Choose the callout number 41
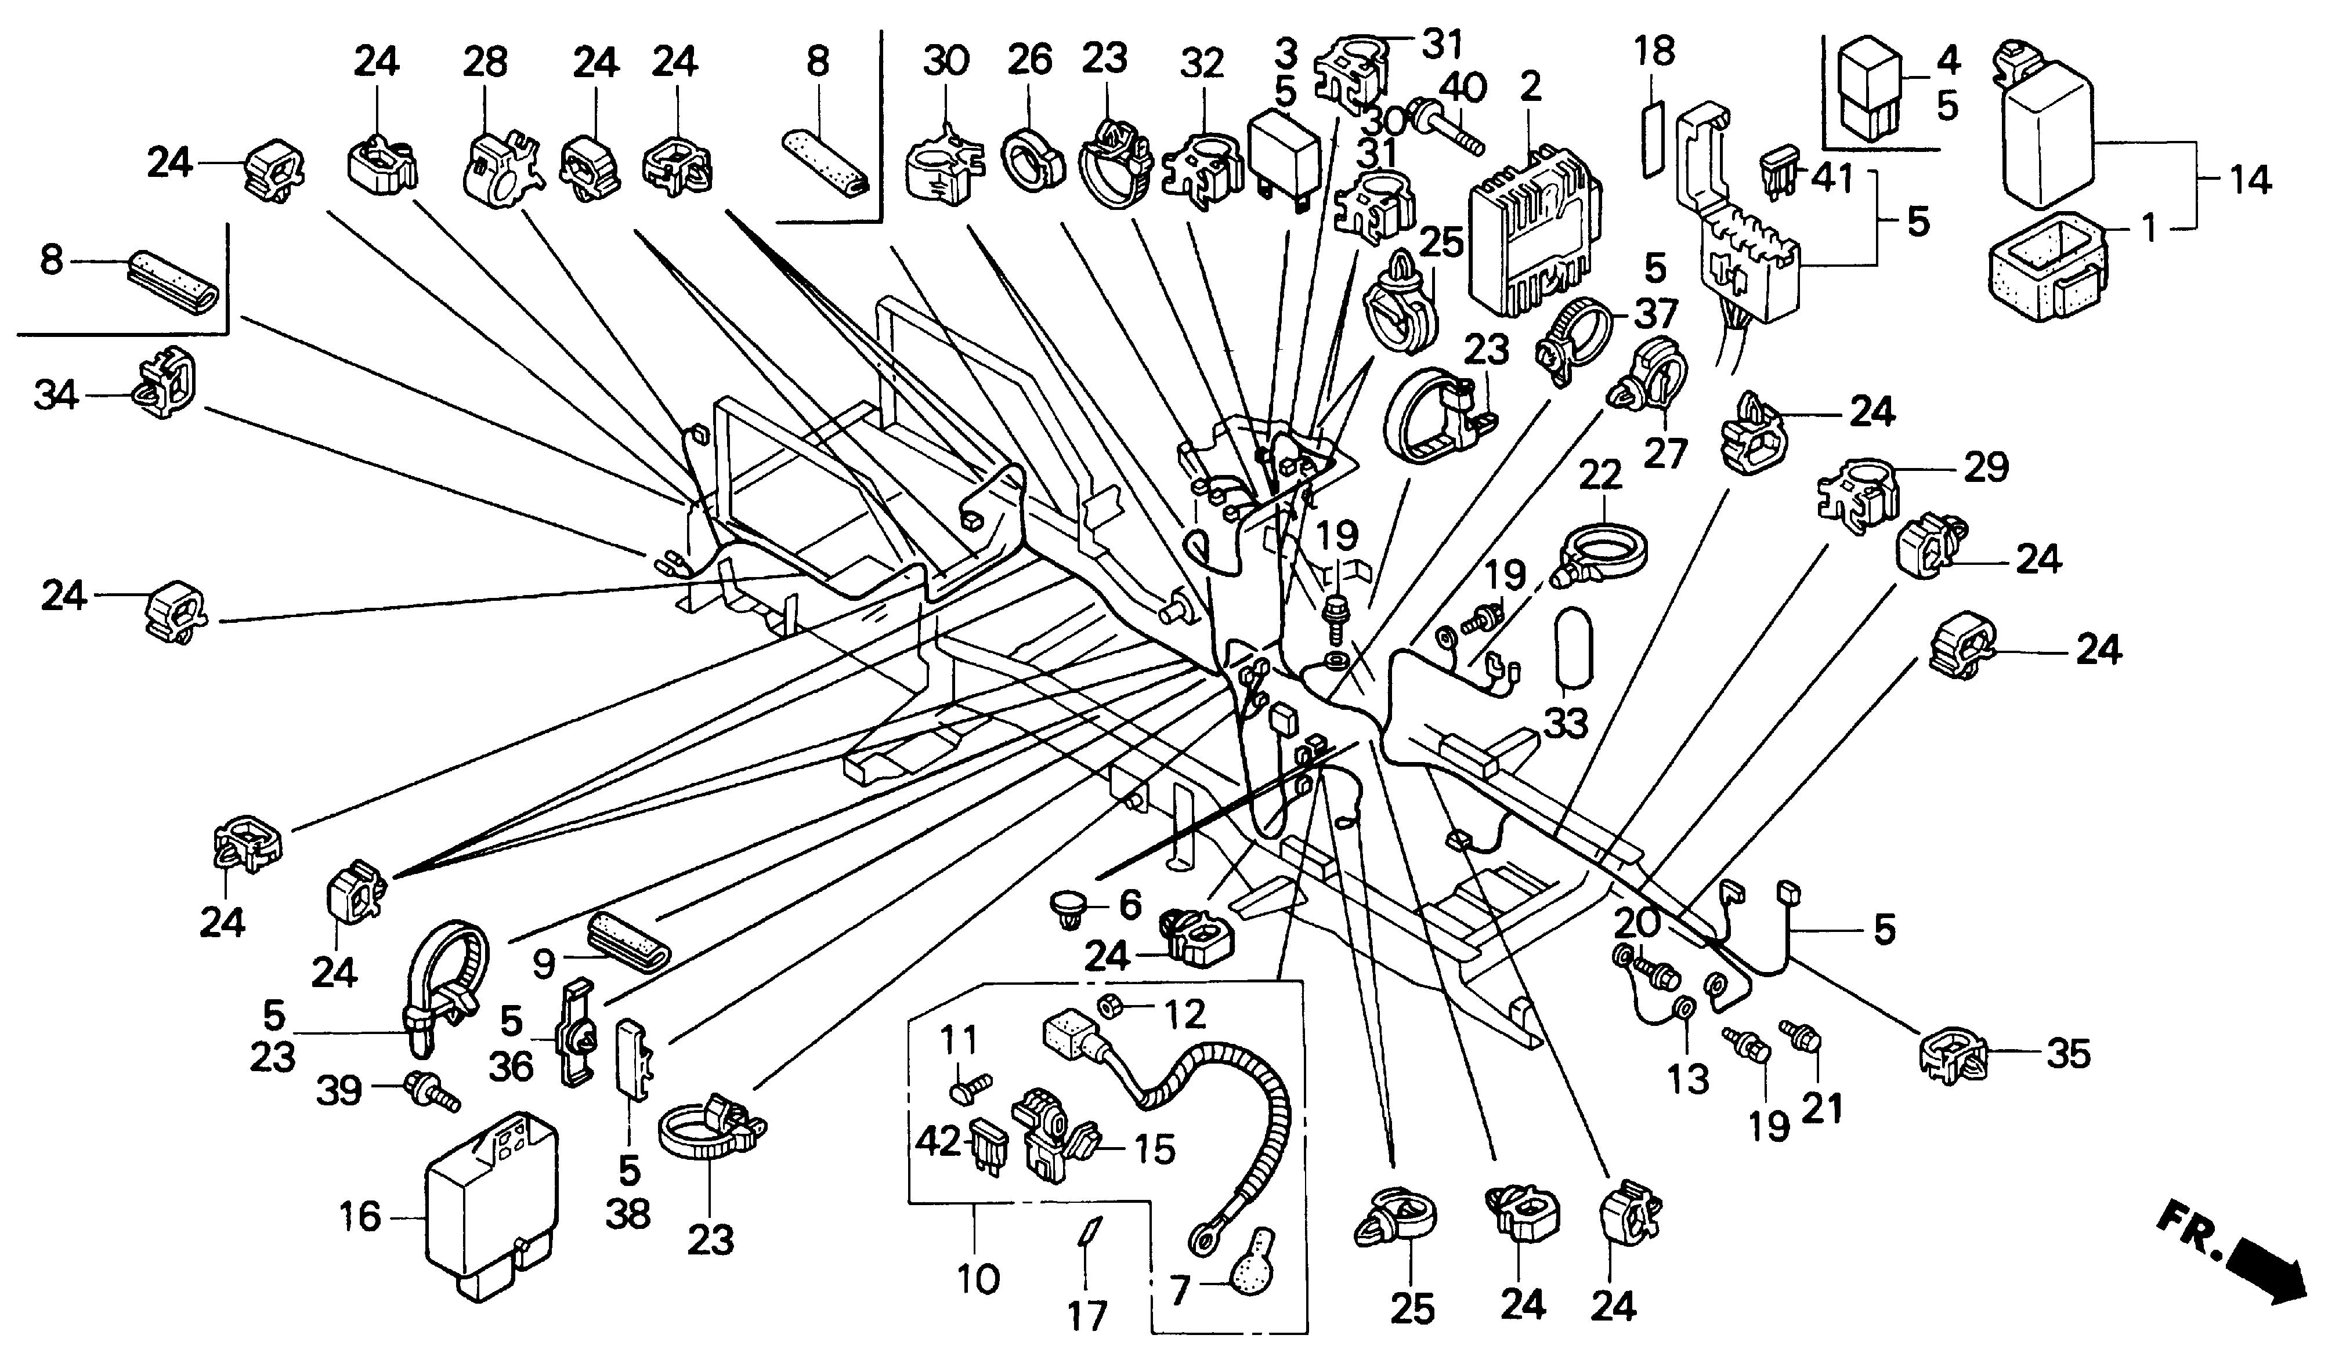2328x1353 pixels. point(1832,178)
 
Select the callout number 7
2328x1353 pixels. point(1178,1291)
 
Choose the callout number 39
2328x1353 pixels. point(339,1091)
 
